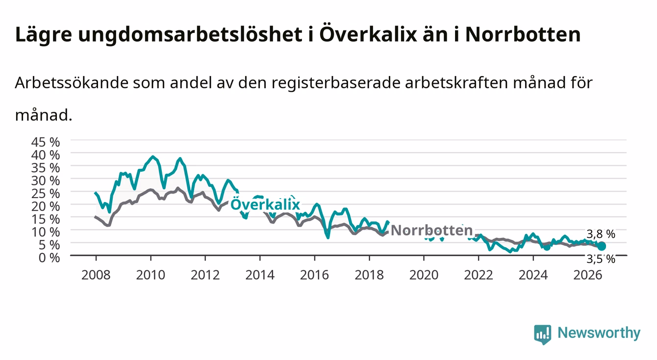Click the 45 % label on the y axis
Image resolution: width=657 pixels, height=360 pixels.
[x=46, y=142]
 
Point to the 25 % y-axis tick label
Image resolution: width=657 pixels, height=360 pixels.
[x=46, y=193]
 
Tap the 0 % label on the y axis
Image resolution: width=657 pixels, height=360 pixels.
[x=49, y=257]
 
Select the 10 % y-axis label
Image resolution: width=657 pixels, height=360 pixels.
[x=46, y=232]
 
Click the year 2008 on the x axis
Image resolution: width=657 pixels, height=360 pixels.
[x=96, y=275]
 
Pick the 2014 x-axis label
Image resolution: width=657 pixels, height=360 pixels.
[x=260, y=275]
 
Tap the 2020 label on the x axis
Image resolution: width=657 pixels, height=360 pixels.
[x=424, y=275]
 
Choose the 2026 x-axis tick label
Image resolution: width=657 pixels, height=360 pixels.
[x=588, y=275]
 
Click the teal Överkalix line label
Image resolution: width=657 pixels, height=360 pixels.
[x=265, y=204]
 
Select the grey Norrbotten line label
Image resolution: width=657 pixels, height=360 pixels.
[x=432, y=231]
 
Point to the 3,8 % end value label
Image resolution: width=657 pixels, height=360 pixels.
[x=601, y=234]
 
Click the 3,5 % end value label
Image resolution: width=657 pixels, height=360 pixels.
[x=601, y=259]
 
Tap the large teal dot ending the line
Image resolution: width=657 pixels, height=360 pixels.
[x=601, y=246]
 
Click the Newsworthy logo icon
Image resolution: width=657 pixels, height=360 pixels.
[x=543, y=334]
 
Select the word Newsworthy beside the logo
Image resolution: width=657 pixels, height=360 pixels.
[x=599, y=333]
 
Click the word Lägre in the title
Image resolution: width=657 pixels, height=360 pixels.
[x=44, y=35]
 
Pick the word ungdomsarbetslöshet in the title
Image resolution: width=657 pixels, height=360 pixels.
[x=190, y=35]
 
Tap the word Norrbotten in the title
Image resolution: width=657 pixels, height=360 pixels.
[x=523, y=34]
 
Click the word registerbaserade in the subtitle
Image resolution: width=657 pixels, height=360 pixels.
[x=335, y=83]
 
